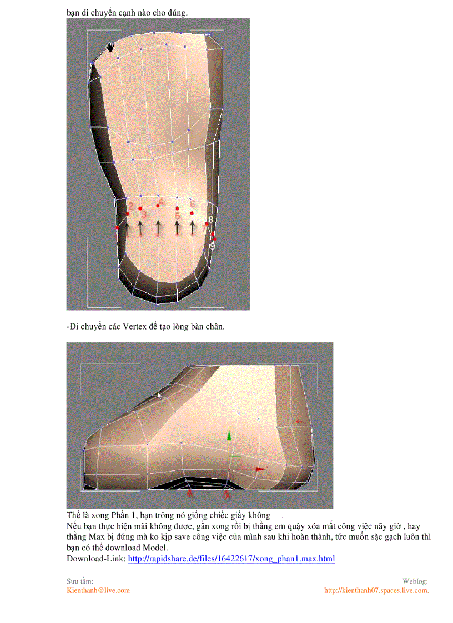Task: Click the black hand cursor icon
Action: [x=110, y=47]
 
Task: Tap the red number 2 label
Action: [x=130, y=206]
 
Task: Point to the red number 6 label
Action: [x=192, y=204]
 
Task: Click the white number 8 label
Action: [x=210, y=220]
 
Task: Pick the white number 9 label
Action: [x=213, y=245]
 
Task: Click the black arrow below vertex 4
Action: [x=158, y=227]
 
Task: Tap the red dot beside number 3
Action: [x=140, y=209]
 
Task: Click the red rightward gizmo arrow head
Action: [x=260, y=469]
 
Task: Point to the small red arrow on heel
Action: [x=300, y=421]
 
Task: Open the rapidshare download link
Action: [x=231, y=559]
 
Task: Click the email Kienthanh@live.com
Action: [x=98, y=590]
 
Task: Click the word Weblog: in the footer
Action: [x=415, y=581]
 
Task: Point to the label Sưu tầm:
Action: [x=80, y=581]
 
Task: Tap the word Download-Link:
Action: [x=96, y=559]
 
